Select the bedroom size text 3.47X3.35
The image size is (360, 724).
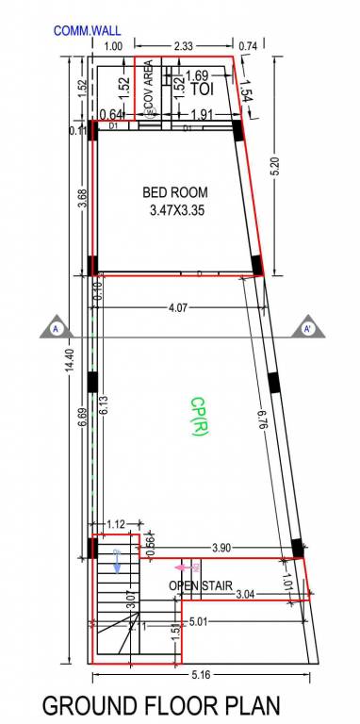click(x=176, y=211)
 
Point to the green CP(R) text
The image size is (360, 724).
click(x=198, y=416)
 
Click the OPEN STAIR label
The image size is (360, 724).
click(x=201, y=586)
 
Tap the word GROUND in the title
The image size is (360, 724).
click(x=90, y=705)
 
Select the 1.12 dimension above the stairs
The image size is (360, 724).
click(x=116, y=525)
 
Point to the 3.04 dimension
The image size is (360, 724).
click(x=244, y=593)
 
